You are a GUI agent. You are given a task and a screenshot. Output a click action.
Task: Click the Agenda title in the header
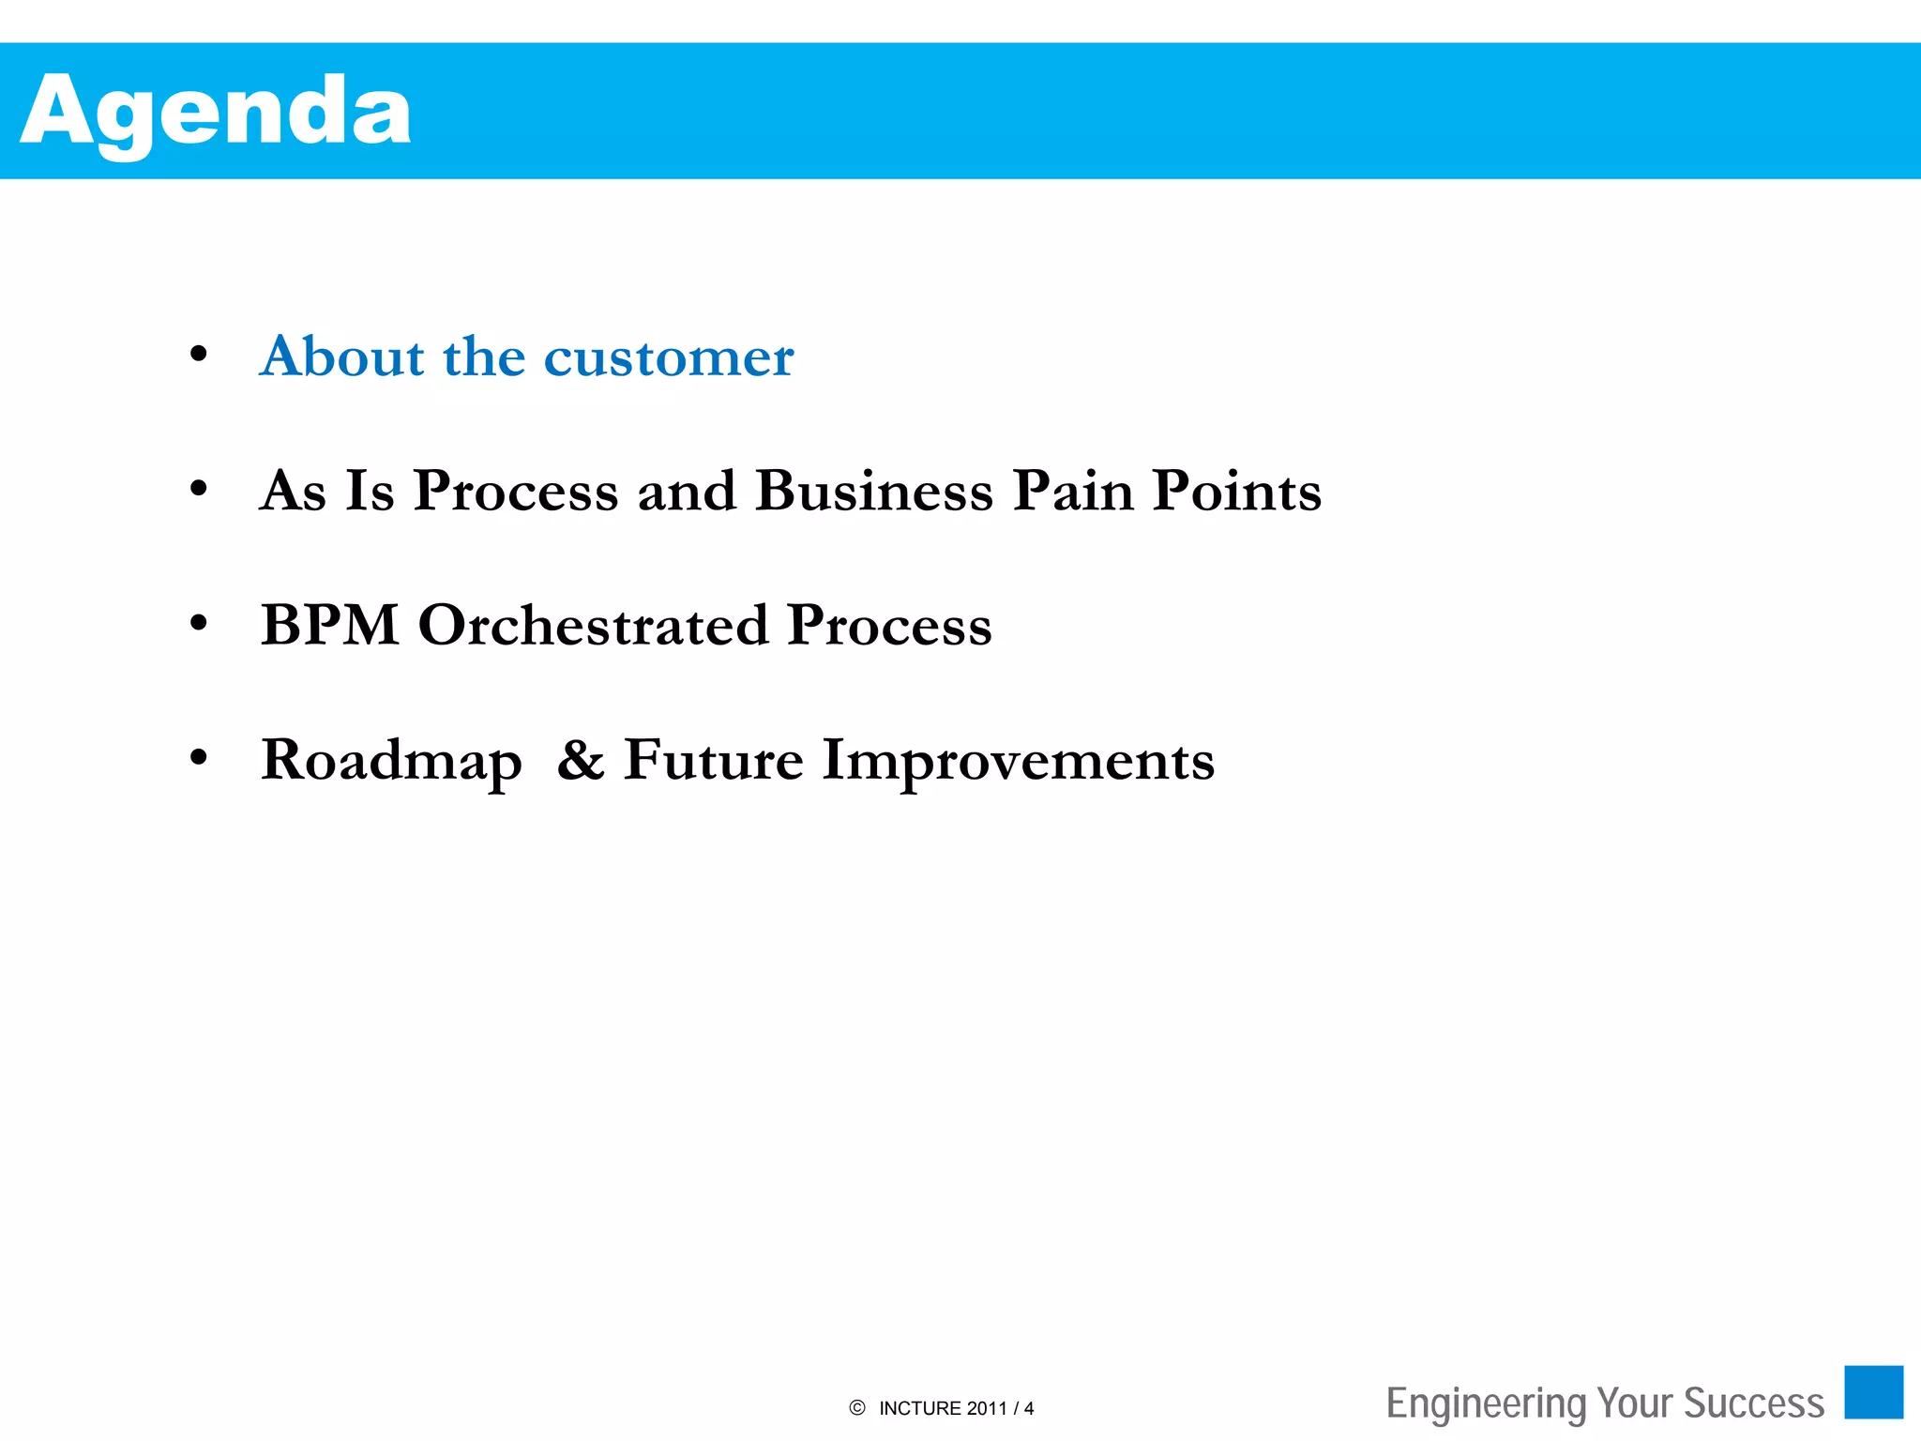click(x=216, y=113)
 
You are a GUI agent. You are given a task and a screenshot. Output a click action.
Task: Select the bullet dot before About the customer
click(x=198, y=355)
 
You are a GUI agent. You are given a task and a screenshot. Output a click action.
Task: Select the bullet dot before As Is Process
click(x=198, y=489)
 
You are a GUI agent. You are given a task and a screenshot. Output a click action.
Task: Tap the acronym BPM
click(x=330, y=625)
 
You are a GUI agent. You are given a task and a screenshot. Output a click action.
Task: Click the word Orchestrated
click(x=593, y=625)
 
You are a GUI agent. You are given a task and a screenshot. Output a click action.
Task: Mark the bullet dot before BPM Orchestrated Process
click(x=198, y=623)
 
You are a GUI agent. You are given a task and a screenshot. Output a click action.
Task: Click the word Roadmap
click(x=391, y=762)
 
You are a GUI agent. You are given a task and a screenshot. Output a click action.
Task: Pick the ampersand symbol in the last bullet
click(x=581, y=760)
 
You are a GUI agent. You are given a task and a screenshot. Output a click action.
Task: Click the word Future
click(x=713, y=760)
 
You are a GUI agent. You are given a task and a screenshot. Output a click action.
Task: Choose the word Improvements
click(x=1018, y=762)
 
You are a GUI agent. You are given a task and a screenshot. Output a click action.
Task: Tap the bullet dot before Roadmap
click(x=198, y=757)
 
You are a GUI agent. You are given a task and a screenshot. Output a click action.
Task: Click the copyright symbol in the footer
click(x=856, y=1408)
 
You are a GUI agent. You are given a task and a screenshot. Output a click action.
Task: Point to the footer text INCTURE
click(x=920, y=1409)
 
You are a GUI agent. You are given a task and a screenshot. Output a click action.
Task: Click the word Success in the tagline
click(x=1754, y=1404)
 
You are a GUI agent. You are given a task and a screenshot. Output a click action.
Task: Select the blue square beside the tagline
click(x=1873, y=1392)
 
